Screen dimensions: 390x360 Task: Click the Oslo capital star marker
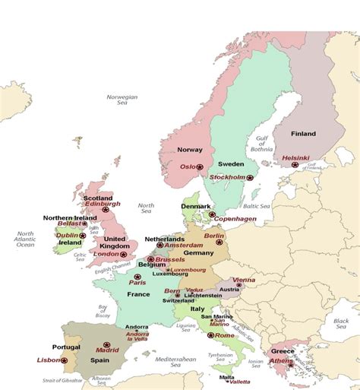pyautogui.click(x=200, y=166)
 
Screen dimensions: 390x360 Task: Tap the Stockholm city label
pyautogui.click(x=228, y=177)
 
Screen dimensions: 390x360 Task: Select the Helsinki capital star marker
pyautogui.click(x=295, y=164)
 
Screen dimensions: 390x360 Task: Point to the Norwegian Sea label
pyautogui.click(x=122, y=100)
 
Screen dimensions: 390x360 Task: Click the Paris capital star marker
pyautogui.click(x=137, y=277)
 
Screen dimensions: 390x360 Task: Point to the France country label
pyautogui.click(x=138, y=293)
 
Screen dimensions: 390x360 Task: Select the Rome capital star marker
pyautogui.click(x=210, y=335)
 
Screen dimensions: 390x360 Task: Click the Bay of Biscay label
pyautogui.click(x=103, y=312)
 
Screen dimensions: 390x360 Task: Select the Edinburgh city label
pyautogui.click(x=102, y=204)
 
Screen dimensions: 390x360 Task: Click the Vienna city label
pyautogui.click(x=244, y=280)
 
